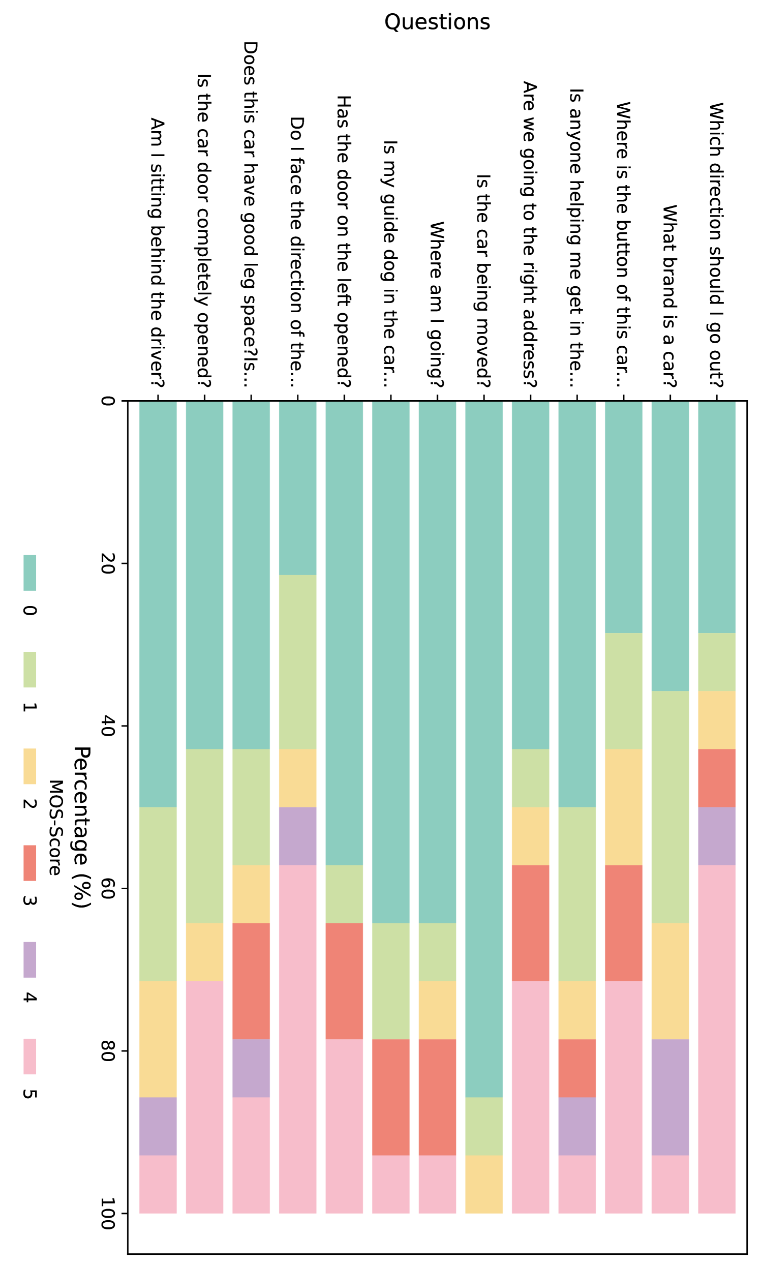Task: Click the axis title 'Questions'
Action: (437, 22)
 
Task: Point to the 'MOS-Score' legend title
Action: (55, 828)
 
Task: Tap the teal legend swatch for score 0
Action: (29, 572)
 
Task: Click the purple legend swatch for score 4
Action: (29, 959)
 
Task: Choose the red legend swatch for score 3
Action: (29, 862)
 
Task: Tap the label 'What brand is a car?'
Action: (670, 296)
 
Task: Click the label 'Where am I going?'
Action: (436, 304)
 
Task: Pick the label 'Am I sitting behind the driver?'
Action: (157, 253)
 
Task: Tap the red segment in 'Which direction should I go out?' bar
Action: (716, 778)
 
